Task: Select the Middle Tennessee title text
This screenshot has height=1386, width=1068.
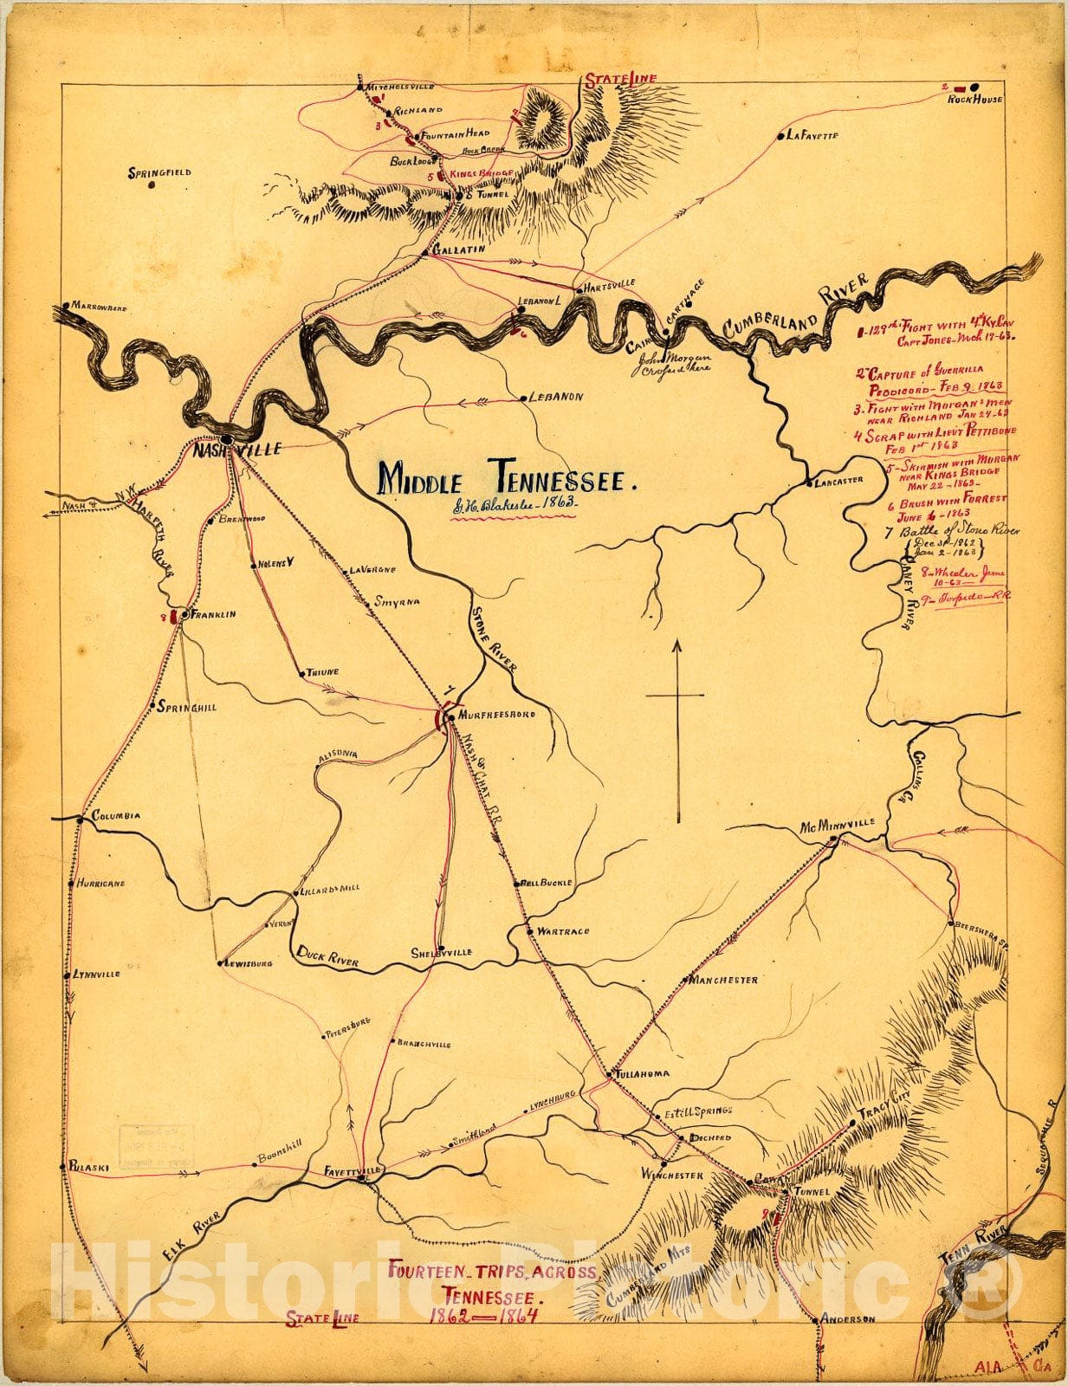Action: click(x=508, y=476)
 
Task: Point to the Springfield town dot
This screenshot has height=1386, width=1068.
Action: click(x=152, y=184)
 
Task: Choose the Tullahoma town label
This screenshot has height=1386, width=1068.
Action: click(x=643, y=1074)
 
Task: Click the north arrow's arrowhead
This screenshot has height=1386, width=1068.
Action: click(x=678, y=644)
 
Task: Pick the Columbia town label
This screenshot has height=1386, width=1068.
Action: click(x=115, y=816)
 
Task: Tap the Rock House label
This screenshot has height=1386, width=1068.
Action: click(x=974, y=100)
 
